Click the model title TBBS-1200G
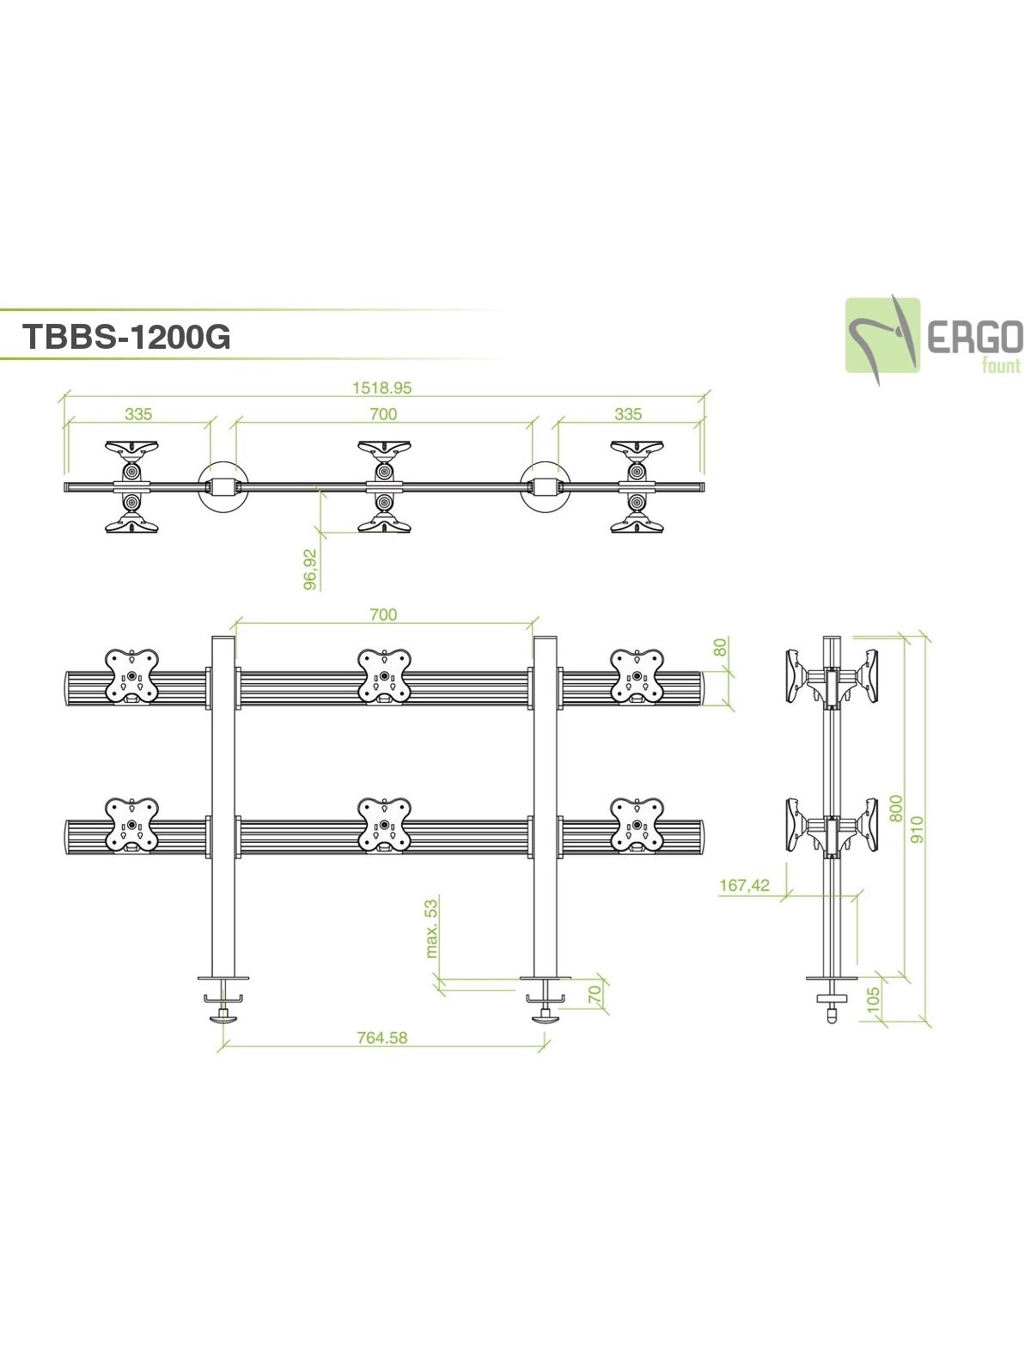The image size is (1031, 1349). tap(126, 337)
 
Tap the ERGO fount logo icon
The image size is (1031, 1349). tap(882, 334)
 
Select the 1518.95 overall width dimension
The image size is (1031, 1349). tap(382, 388)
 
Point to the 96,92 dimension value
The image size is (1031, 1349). tap(311, 569)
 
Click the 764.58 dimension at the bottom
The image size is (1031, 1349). tap(382, 1037)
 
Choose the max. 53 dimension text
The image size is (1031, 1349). tap(431, 927)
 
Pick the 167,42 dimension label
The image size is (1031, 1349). tap(744, 885)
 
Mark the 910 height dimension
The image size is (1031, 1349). tap(918, 827)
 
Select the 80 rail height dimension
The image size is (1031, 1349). tap(722, 646)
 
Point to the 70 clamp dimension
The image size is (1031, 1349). tap(593, 995)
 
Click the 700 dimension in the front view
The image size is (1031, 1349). tap(383, 614)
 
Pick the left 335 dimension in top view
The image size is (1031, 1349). tap(138, 414)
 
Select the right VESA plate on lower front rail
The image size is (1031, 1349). tap(637, 825)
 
